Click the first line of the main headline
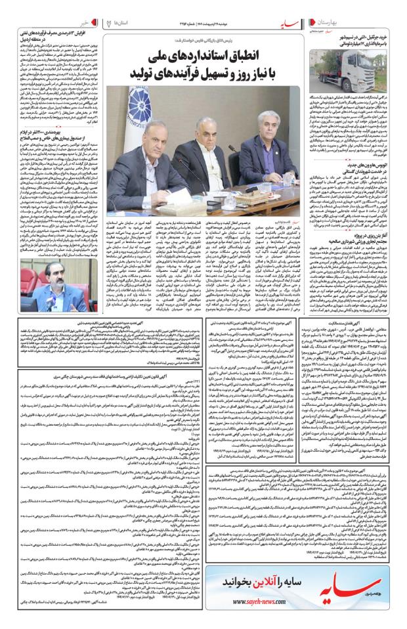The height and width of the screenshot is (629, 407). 205,54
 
